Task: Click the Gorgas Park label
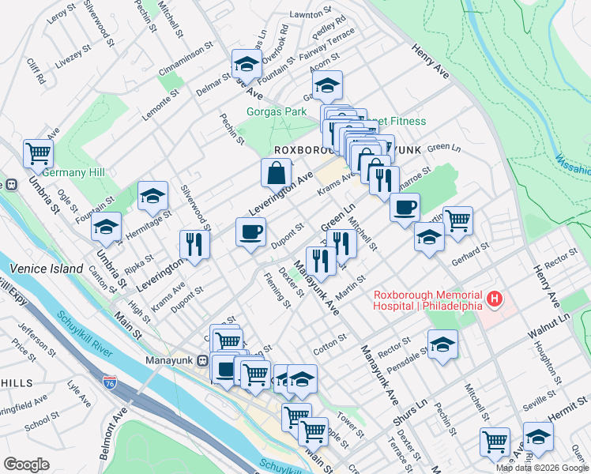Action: (x=277, y=111)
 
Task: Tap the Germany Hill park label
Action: (x=70, y=173)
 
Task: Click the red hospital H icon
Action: (x=495, y=299)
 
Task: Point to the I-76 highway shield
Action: (x=110, y=383)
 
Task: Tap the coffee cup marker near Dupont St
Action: (x=251, y=232)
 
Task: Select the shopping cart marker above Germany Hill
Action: (x=37, y=153)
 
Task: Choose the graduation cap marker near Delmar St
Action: (x=247, y=65)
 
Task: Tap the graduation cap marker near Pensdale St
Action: (x=442, y=344)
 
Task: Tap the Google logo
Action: (x=27, y=465)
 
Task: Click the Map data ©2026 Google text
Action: (x=541, y=468)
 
